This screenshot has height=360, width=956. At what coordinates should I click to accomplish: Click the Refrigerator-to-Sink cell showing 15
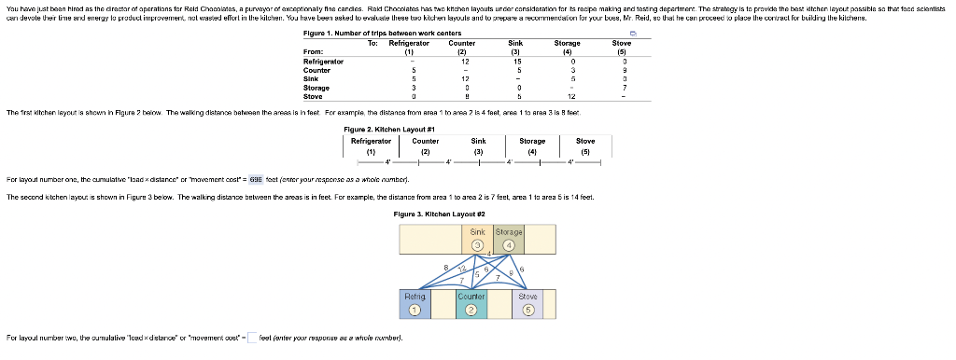pyautogui.click(x=514, y=62)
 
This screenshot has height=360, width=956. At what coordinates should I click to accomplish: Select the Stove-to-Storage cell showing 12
pyautogui.click(x=568, y=96)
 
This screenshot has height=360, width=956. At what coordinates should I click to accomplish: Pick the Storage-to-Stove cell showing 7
pyautogui.click(x=621, y=88)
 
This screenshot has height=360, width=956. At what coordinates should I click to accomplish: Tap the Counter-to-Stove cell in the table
pyautogui.click(x=621, y=70)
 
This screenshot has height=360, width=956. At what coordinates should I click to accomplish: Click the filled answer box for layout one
pyautogui.click(x=257, y=178)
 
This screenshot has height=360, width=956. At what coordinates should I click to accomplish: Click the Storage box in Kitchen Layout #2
pyautogui.click(x=509, y=240)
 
